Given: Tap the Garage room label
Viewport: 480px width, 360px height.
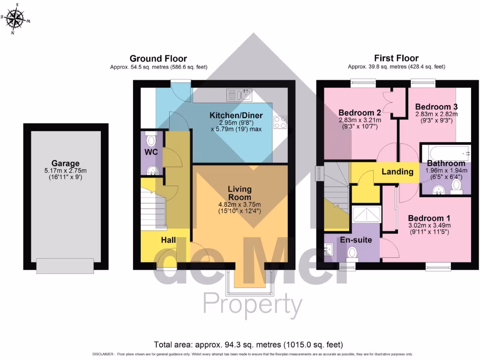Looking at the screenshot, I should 66,164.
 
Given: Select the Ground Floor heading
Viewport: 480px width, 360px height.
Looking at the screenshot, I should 158,59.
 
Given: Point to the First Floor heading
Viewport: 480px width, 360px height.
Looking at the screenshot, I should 396,59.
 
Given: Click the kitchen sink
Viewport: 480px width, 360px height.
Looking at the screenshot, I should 240,95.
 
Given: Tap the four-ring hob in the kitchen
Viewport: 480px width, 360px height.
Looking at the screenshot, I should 280,122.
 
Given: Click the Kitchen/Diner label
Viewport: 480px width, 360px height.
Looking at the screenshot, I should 236,116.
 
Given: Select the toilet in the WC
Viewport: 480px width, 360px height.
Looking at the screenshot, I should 151,140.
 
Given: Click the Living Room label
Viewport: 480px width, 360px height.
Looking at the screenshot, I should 240,193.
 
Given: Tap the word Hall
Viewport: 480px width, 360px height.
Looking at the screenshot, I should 168,240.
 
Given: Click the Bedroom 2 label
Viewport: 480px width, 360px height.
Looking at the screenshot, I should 360,112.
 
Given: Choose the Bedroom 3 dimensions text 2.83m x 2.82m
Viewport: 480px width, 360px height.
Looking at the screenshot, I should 436,114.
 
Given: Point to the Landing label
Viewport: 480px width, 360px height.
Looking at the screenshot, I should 397,172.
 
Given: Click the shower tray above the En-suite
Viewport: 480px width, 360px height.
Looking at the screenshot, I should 367,215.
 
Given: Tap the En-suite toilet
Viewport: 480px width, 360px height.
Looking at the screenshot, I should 352,252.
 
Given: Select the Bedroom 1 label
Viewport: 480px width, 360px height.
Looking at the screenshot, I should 429,218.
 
